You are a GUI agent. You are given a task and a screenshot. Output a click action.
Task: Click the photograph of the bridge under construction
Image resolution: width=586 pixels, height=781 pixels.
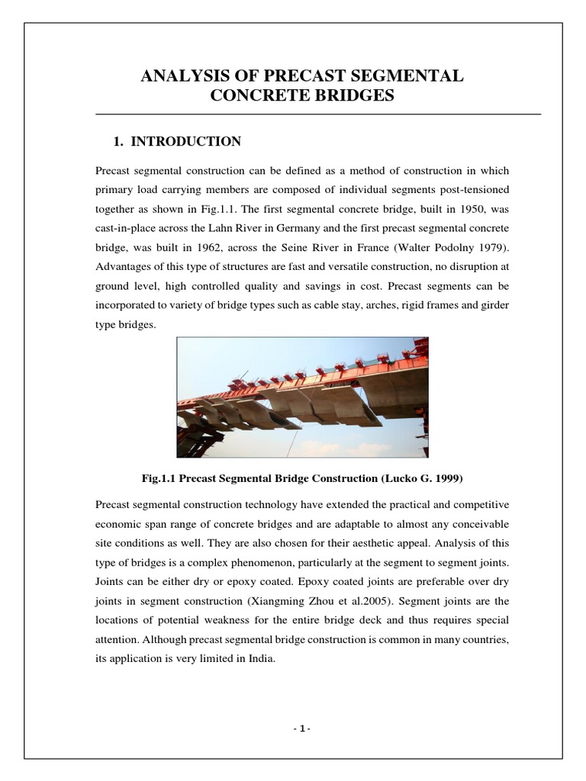(302, 397)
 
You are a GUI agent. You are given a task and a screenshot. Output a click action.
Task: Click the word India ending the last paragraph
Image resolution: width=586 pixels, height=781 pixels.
(257, 660)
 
